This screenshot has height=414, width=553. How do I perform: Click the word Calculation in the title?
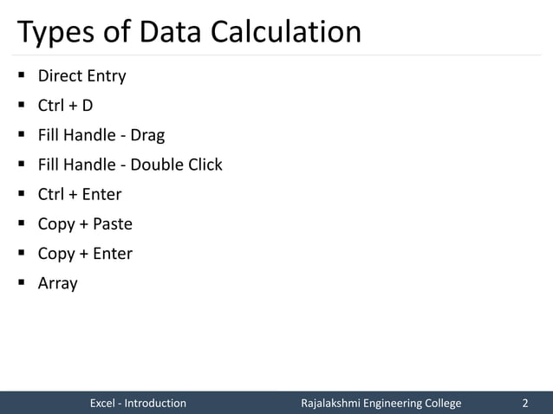coord(282,32)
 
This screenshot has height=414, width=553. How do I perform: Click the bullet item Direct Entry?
coord(81,76)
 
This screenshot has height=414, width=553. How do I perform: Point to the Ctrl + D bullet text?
coord(65,106)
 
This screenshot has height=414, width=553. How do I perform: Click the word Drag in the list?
coord(147,136)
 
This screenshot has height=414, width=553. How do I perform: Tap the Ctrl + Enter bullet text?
coord(80,194)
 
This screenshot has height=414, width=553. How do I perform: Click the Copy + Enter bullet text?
coord(85,254)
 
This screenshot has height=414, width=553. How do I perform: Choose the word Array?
coord(57,283)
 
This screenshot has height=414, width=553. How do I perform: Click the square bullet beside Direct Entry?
coord(19,75)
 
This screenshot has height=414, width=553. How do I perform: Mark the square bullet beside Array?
coord(19,282)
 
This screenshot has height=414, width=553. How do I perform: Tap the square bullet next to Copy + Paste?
coord(19,223)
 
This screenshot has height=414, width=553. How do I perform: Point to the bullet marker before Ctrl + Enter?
coord(19,194)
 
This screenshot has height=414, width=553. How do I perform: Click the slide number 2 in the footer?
coord(524,404)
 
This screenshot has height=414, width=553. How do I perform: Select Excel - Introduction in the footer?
coord(138,404)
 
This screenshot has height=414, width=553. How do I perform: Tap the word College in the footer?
coord(439,404)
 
